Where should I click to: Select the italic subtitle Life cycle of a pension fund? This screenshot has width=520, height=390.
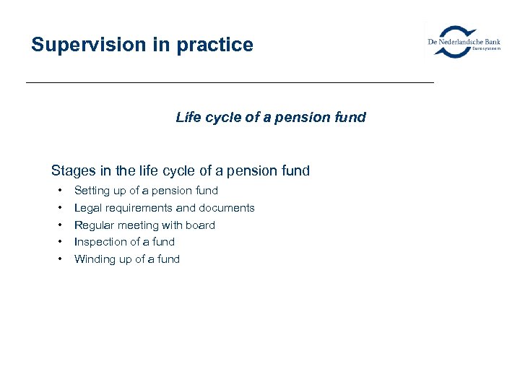pos(271,117)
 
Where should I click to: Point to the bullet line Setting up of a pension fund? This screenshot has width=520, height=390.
pos(146,191)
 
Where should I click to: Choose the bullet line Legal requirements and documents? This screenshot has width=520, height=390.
pos(164,208)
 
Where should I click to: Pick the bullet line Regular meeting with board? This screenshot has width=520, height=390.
pos(144,225)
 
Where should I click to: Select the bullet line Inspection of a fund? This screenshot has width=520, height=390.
pos(124,242)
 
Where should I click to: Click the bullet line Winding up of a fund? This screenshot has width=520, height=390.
pos(126,259)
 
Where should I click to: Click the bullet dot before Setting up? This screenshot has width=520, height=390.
pos(59,191)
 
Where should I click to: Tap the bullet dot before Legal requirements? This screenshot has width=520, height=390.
pos(59,208)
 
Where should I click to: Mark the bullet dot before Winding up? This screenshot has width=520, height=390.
pos(59,259)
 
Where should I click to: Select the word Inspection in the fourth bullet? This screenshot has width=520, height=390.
pos(99,242)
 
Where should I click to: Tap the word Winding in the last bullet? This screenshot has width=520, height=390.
pos(94,259)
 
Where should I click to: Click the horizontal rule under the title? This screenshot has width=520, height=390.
pos(230,83)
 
